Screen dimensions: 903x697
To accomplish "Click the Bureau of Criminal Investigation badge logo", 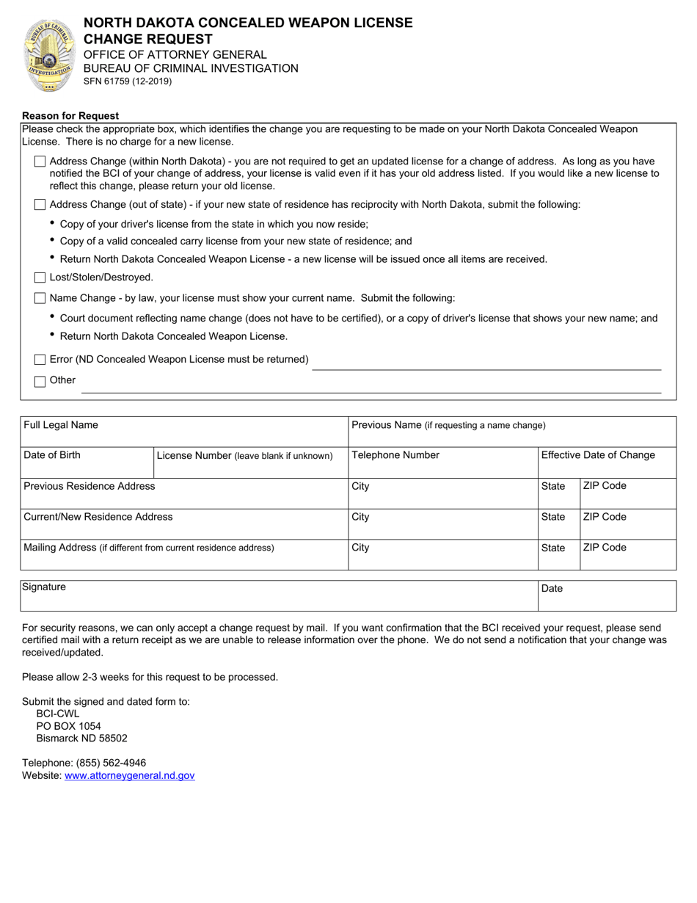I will [49, 55].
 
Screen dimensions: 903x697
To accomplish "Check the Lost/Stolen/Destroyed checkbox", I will [40, 278].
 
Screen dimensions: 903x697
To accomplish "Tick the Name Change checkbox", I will [40, 298].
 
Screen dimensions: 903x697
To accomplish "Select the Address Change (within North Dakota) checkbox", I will [40, 162].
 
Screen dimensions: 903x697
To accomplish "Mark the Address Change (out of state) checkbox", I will [40, 205].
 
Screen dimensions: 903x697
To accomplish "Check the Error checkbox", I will [40, 360].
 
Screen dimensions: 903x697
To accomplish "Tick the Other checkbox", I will [40, 381].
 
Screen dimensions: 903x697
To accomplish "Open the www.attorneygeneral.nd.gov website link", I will [130, 775].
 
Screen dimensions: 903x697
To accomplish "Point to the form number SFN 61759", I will [128, 81].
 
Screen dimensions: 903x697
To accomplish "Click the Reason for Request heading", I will [70, 116].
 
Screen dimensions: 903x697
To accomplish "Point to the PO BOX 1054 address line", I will [69, 726].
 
